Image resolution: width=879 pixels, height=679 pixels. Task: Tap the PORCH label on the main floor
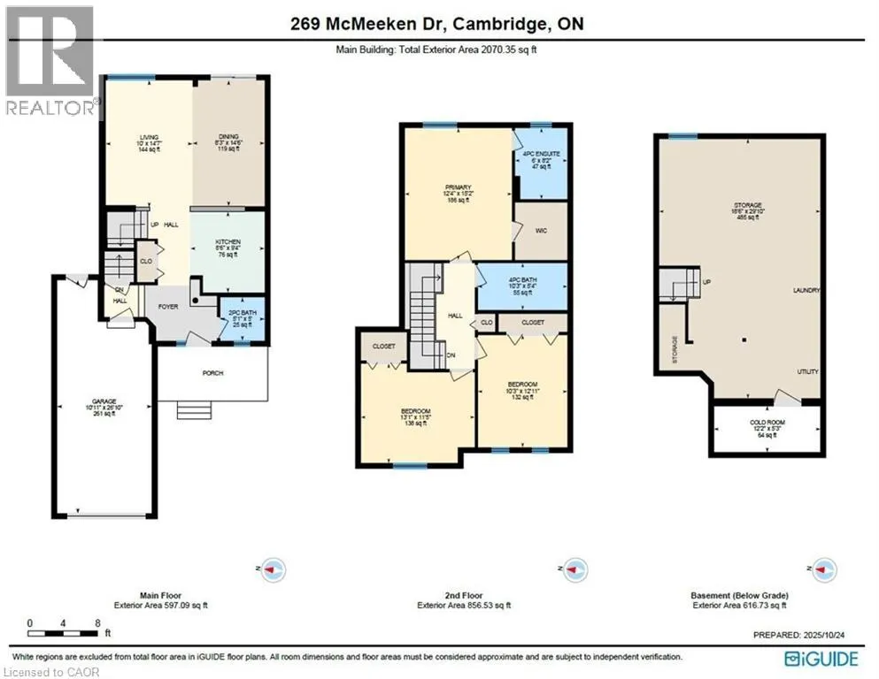pos(212,373)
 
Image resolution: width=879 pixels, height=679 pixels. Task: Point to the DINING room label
pos(228,137)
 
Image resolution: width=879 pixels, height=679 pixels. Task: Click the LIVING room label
pos(148,137)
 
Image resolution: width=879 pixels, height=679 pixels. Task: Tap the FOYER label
pos(169,309)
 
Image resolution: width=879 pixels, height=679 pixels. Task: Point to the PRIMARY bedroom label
pos(458,187)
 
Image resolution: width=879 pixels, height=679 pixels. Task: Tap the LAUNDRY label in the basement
pos(806,290)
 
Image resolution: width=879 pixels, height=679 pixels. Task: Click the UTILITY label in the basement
pos(807,372)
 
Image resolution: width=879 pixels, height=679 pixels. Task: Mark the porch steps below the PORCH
pos(195,410)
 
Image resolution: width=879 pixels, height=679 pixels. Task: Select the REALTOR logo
pos(49,62)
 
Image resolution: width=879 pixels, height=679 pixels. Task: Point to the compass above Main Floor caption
pos(273,570)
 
